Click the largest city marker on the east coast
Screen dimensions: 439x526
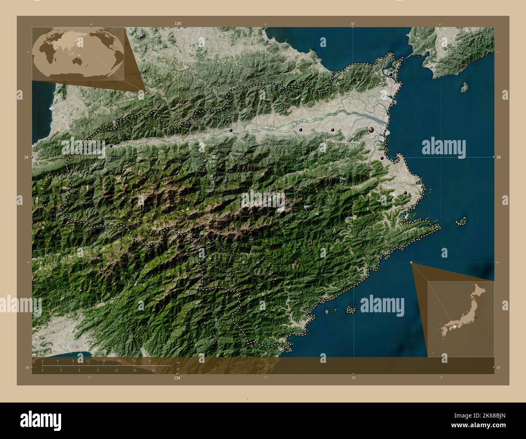[371, 130]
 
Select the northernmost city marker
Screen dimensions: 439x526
[390, 75]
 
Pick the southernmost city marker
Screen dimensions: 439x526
[405, 193]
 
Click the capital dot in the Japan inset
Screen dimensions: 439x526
[476, 317]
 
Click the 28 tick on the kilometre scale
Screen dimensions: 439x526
[149, 360]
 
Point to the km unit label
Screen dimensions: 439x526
[178, 362]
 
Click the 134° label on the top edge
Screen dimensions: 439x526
[178, 24]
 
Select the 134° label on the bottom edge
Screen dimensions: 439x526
[177, 378]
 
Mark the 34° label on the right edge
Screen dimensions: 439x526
[500, 157]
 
